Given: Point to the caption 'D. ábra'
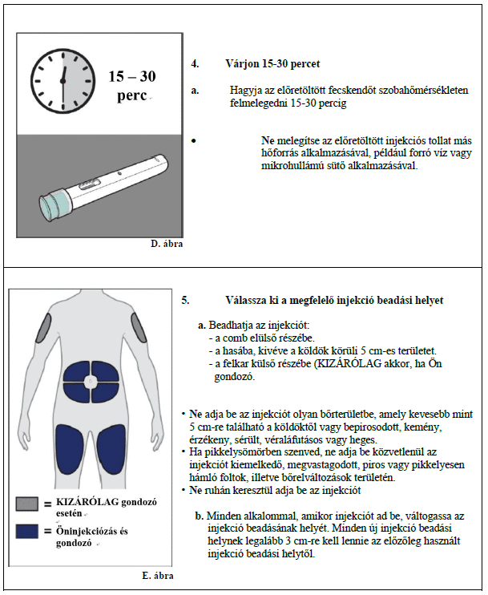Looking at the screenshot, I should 166,242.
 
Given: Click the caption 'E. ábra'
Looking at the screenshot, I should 158,576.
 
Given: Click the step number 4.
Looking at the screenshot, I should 195,63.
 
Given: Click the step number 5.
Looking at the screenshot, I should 186,300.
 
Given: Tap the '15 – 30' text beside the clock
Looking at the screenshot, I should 132,77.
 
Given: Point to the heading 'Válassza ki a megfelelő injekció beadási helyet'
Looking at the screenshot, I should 335,300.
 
